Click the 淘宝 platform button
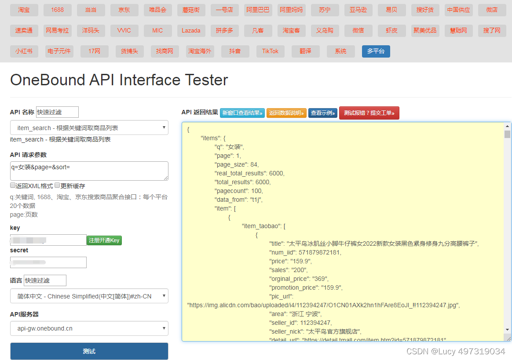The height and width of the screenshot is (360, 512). [x=24, y=10]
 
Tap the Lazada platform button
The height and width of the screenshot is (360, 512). [x=191, y=30]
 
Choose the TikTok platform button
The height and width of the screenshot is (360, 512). [x=271, y=51]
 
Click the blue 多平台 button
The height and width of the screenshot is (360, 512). [x=376, y=51]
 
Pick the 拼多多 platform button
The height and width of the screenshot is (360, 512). [x=224, y=30]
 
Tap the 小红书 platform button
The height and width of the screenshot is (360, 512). [x=24, y=51]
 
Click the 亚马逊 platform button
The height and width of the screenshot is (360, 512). [x=358, y=10]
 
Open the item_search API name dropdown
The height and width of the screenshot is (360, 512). [x=89, y=128]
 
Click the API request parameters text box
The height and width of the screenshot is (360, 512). [x=89, y=171]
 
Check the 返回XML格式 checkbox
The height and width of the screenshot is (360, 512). [x=13, y=185]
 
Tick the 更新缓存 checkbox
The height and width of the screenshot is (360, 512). [x=57, y=185]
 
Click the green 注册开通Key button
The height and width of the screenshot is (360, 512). [x=104, y=240]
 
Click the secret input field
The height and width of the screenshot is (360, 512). [x=48, y=262]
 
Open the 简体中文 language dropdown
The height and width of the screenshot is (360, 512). [x=89, y=296]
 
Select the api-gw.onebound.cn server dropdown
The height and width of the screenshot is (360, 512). [x=89, y=328]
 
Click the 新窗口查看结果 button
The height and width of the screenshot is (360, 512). [x=242, y=113]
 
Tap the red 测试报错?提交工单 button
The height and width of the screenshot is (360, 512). [x=369, y=113]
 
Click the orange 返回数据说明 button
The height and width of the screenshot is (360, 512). [x=286, y=113]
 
